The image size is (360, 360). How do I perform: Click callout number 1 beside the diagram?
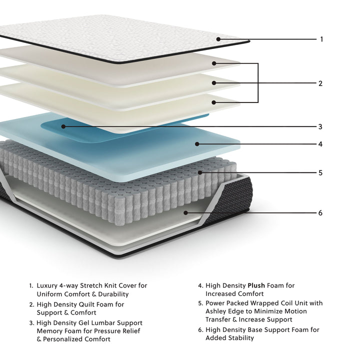point(321,39)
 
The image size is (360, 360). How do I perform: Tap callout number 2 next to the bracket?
point(320,83)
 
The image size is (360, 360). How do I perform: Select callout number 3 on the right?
point(320,126)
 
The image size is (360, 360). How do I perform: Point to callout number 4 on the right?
point(320,144)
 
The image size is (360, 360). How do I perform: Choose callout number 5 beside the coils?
point(320,173)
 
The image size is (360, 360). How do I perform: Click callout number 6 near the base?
point(320,213)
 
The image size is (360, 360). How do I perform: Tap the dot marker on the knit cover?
point(218,39)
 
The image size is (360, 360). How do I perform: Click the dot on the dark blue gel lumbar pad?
point(63,126)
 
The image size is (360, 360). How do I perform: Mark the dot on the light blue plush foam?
point(197,144)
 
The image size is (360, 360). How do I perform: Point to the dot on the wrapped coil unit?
point(199,173)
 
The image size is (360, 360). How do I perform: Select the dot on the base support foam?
point(185,212)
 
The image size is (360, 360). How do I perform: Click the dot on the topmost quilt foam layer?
point(213,63)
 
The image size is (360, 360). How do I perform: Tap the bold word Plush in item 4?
point(255,285)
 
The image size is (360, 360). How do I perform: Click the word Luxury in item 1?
point(47,285)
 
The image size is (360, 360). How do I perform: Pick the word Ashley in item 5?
point(216,311)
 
